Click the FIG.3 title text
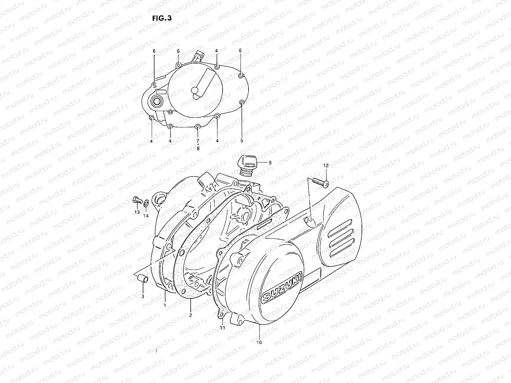[162, 18]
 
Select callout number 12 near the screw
[326, 166]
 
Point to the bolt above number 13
[136, 201]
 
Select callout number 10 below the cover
[259, 342]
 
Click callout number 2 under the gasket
[191, 315]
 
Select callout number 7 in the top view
[198, 140]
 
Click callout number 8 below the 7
[198, 148]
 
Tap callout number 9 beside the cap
[270, 162]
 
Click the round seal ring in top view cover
[157, 101]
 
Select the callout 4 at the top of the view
[216, 51]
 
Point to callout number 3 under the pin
[143, 296]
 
